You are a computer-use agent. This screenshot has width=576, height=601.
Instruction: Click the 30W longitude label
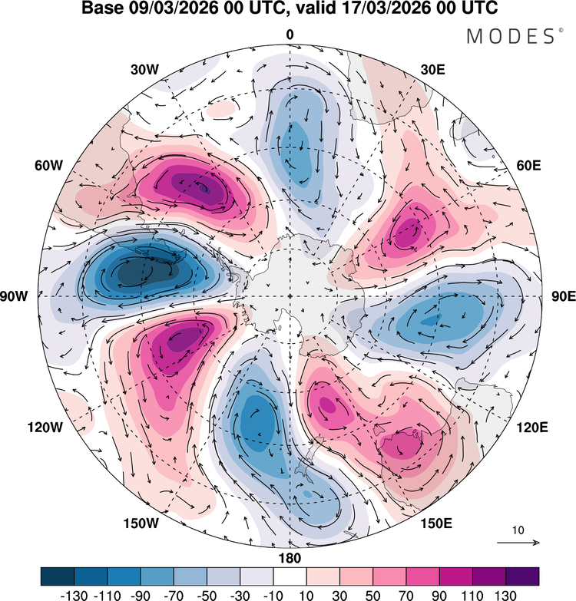[144, 69]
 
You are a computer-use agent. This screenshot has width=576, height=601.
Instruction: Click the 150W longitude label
[141, 523]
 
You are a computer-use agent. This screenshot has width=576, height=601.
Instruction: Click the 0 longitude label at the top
[290, 35]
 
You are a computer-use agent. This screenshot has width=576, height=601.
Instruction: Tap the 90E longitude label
[563, 297]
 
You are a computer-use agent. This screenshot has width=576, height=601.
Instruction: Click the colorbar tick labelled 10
[306, 594]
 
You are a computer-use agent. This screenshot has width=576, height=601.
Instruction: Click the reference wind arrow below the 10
[518, 543]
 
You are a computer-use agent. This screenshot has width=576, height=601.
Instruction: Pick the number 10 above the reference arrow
[518, 530]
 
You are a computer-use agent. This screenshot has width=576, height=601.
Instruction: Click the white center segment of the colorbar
[290, 576]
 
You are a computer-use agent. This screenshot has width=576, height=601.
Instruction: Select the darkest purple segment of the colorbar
[522, 576]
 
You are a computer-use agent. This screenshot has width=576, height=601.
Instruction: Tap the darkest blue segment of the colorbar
[58, 576]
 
